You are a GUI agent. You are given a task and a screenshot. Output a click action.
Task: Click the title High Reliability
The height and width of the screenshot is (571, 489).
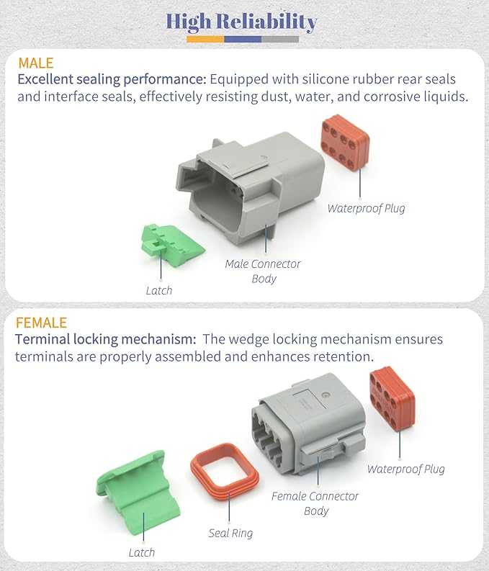click(241, 22)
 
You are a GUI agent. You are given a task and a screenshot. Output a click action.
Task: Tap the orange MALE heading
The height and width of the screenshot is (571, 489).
click(36, 63)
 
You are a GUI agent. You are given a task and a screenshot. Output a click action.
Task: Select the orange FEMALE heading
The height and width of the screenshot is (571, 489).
click(41, 322)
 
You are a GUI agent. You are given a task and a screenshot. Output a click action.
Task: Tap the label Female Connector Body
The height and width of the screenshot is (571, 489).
click(315, 503)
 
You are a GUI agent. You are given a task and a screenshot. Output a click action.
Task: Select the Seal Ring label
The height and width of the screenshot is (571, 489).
click(230, 534)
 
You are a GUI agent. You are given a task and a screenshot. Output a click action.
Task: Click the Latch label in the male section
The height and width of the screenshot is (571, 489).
click(159, 290)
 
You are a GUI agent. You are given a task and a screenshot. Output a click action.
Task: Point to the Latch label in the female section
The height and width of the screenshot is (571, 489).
click(141, 552)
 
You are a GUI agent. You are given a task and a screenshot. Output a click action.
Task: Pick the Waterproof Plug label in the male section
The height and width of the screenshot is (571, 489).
click(366, 208)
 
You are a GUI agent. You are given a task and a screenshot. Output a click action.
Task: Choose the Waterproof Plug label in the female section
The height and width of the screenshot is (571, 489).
click(405, 469)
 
